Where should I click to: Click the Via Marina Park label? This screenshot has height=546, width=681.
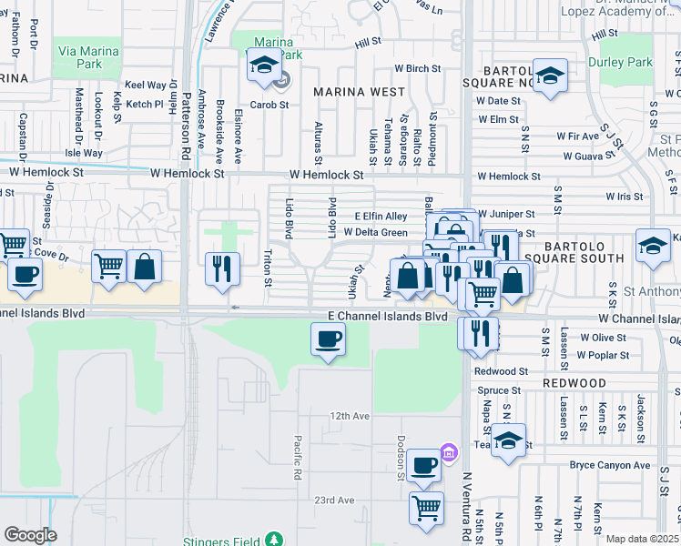tap(87, 59)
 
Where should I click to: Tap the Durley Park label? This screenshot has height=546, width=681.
tap(626, 63)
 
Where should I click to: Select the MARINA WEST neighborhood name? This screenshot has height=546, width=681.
tap(359, 92)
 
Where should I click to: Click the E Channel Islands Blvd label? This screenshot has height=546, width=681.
tap(388, 317)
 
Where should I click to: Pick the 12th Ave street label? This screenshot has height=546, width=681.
tap(350, 416)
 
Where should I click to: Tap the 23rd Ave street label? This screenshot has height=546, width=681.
tap(334, 500)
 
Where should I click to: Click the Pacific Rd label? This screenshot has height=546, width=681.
tap(298, 458)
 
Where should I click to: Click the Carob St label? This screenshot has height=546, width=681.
tap(269, 105)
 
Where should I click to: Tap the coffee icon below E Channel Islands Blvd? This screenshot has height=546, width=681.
tap(328, 340)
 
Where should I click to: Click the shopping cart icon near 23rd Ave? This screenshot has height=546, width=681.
tap(426, 506)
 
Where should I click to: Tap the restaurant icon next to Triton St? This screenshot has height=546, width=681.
tap(222, 268)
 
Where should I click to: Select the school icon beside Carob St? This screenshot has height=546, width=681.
tap(265, 66)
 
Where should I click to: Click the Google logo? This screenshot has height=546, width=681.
tap(30, 535)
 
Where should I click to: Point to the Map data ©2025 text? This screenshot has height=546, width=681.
tap(643, 539)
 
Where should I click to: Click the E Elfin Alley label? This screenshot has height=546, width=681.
tap(381, 217)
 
